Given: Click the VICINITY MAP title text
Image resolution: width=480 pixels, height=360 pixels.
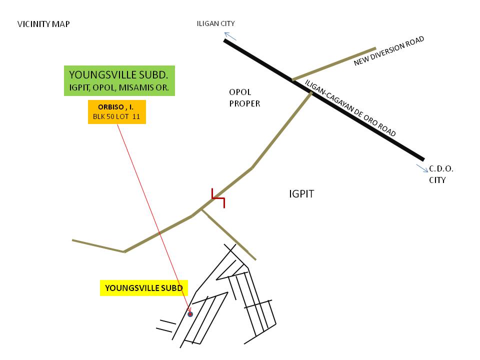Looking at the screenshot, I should click(x=43, y=24).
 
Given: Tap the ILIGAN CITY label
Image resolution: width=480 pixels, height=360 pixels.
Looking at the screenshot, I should click(x=216, y=23).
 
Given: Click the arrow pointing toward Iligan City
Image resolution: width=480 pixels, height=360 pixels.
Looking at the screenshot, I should click(x=230, y=35).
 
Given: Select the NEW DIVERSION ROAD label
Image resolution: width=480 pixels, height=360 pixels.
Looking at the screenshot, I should click(x=389, y=51).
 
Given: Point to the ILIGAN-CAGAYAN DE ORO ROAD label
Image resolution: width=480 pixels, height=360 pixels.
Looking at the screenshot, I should click(x=350, y=108).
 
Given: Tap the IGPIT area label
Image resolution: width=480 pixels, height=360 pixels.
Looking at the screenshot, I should click(x=301, y=194).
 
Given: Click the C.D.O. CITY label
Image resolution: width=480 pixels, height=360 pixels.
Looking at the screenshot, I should click(x=440, y=174).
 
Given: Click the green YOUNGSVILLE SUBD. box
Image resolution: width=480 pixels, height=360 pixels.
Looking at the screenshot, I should click(x=119, y=80).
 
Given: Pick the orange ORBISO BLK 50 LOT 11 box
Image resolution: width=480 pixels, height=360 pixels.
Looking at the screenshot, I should click(x=116, y=112).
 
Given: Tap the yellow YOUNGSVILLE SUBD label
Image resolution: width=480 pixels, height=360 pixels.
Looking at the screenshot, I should click(x=143, y=288).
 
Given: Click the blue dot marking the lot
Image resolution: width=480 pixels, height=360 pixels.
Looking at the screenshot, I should click(x=190, y=314).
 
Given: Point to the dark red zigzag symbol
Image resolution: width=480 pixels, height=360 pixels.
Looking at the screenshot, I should click(x=218, y=198).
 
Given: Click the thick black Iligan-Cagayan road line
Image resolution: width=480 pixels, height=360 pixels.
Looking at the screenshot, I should click(x=350, y=115).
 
